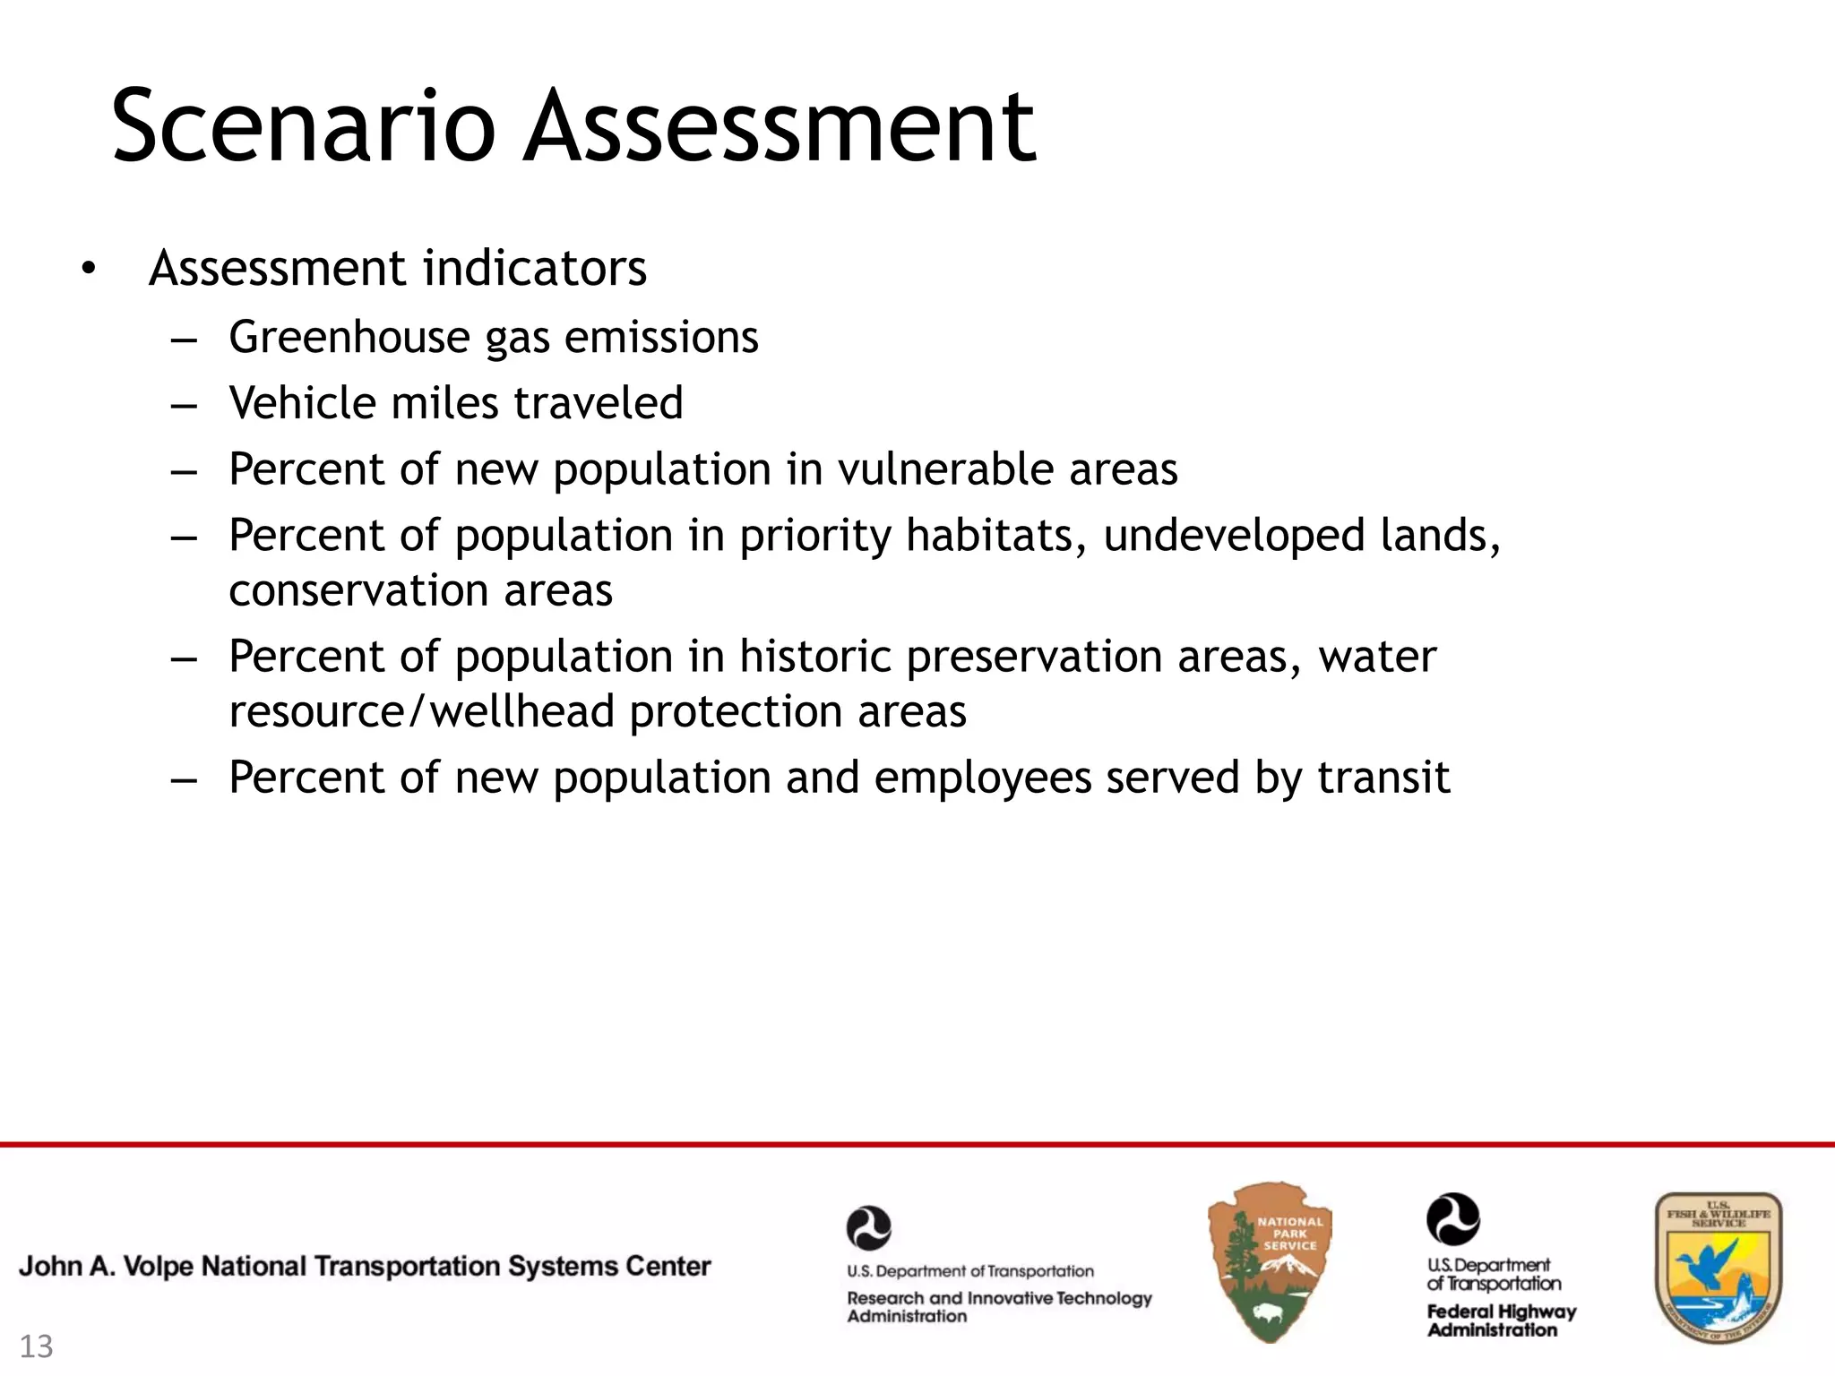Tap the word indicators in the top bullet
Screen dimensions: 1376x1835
pyautogui.click(x=535, y=268)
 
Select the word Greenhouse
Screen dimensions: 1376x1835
pyautogui.click(x=349, y=338)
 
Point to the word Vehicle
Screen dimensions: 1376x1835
pyautogui.click(x=302, y=403)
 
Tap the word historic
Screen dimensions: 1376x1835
pyautogui.click(x=814, y=657)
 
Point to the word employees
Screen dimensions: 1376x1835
pyautogui.click(x=983, y=778)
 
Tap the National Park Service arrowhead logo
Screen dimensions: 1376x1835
pyautogui.click(x=1270, y=1261)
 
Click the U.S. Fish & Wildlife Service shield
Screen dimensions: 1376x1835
pyautogui.click(x=1718, y=1267)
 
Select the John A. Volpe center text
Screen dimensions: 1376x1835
pyautogui.click(x=365, y=1266)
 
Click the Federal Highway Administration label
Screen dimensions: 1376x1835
pyautogui.click(x=1501, y=1320)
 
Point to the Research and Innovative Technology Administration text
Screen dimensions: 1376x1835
pyautogui.click(x=999, y=1306)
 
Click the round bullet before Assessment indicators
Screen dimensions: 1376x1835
pyautogui.click(x=86, y=269)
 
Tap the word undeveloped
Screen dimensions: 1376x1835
pyautogui.click(x=1233, y=536)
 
